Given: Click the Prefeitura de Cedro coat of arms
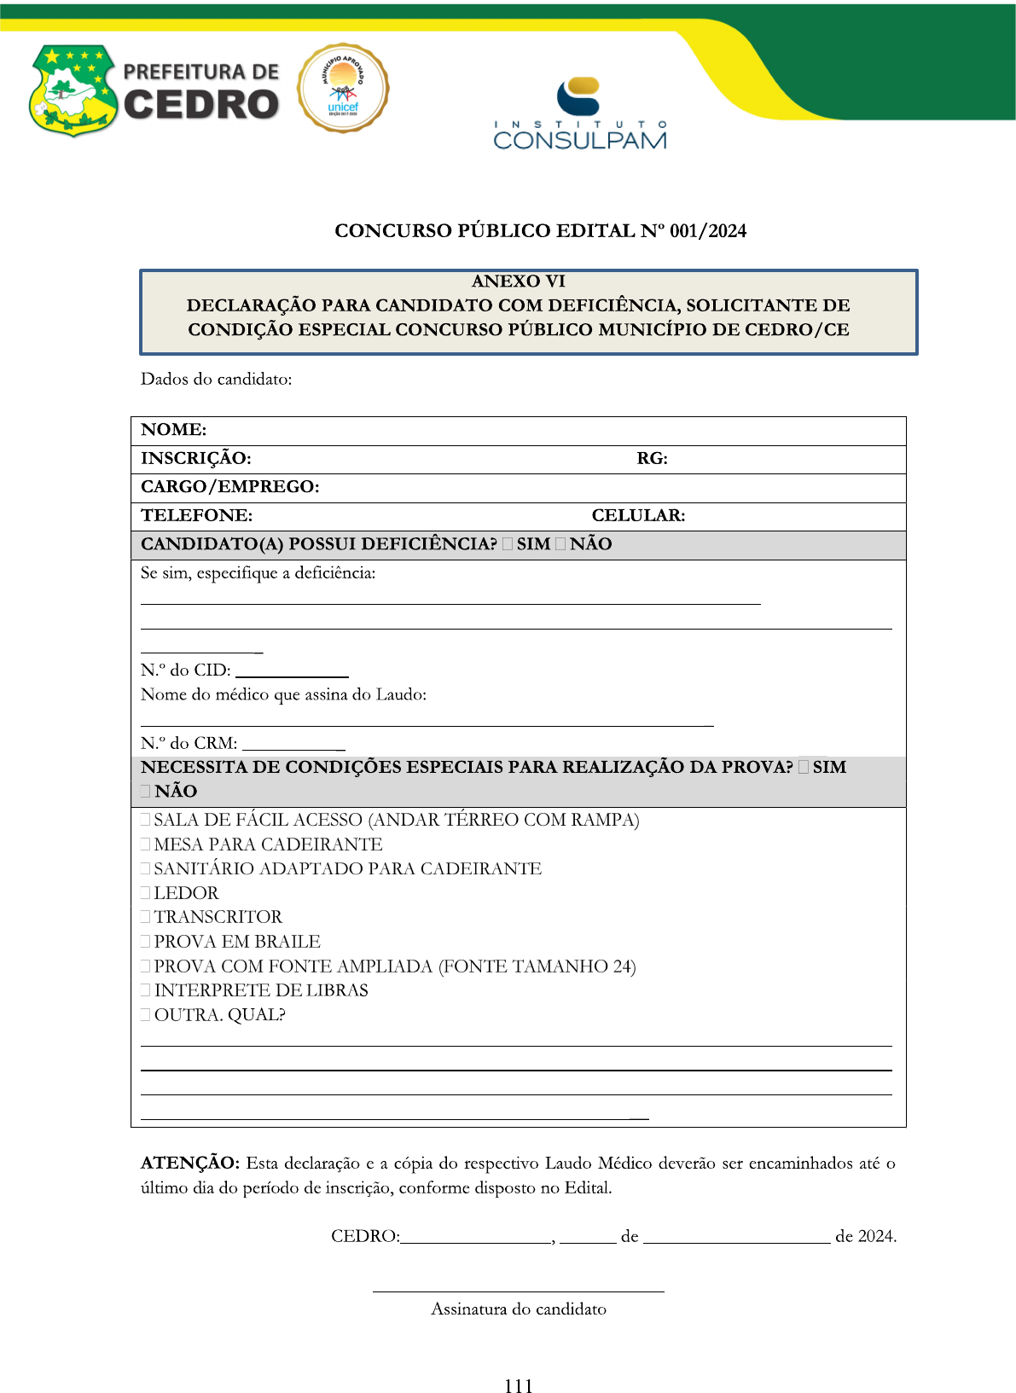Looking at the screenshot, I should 73,90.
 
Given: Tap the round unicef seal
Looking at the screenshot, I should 343,89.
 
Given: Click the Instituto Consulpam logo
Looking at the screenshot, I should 579,114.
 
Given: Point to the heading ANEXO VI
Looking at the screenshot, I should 519,282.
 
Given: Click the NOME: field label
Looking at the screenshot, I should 174,430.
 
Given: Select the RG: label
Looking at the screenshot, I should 652,459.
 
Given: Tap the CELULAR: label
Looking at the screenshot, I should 638,516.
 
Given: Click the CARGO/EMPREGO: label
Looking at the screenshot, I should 230,487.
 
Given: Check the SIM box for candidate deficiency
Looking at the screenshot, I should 508,544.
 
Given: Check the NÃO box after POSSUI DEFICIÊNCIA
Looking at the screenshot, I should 560,544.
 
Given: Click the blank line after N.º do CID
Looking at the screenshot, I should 292,675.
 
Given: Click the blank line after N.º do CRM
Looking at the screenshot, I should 293,748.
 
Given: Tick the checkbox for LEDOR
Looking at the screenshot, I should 146,893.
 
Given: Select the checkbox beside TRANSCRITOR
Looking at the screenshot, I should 146,917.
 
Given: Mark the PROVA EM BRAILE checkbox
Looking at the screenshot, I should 146,942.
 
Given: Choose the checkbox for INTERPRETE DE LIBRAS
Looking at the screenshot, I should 146,990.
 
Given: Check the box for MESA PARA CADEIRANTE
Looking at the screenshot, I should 146,845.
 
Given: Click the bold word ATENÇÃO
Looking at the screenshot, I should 190,1164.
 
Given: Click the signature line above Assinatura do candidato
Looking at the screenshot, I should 518,1291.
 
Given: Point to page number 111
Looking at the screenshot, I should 518,1386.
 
